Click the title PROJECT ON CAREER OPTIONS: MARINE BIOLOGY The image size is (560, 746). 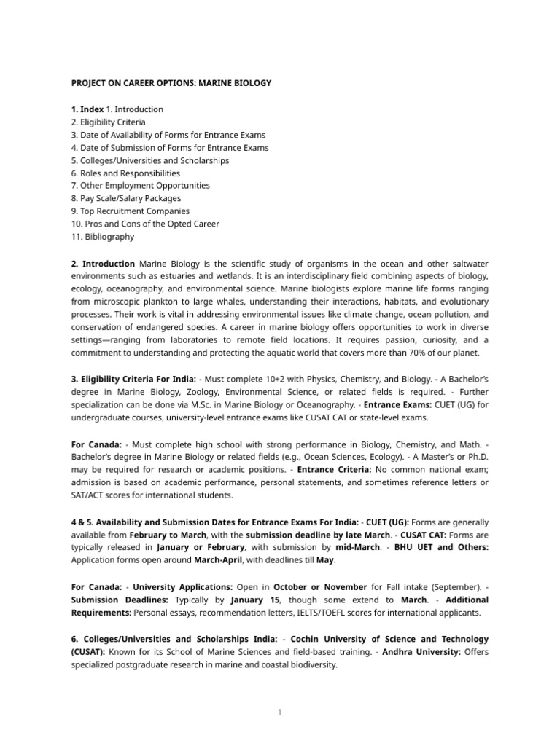tap(171, 83)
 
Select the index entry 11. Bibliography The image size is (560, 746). tap(103, 237)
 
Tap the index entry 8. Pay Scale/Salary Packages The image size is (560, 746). tap(126, 198)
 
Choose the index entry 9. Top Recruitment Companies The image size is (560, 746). tap(125, 211)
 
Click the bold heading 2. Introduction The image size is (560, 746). tap(103, 263)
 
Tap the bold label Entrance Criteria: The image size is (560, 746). tap(336, 470)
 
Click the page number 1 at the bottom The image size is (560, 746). tap(279, 712)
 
